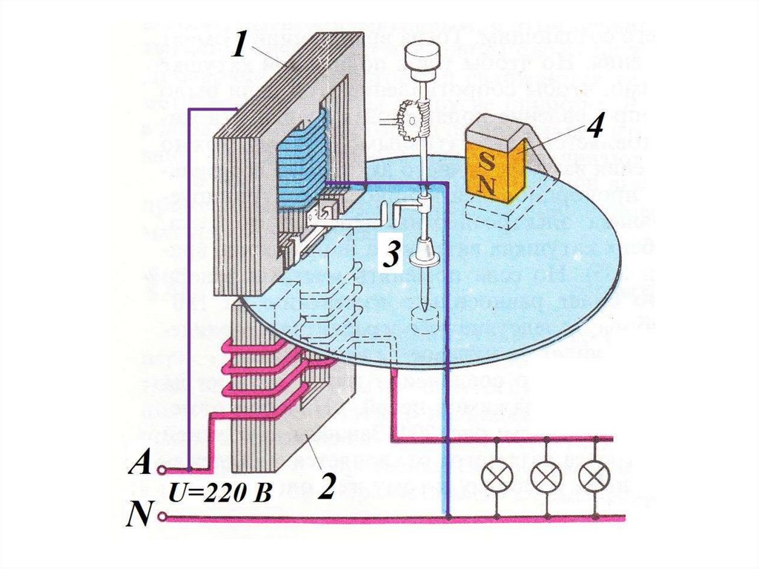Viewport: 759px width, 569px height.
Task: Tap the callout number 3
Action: click(x=391, y=256)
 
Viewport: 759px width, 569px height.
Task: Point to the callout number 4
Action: click(x=593, y=128)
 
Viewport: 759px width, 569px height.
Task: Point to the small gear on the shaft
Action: click(x=411, y=118)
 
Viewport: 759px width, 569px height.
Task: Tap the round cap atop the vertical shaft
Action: click(x=422, y=53)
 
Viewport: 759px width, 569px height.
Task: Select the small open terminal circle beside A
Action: click(x=161, y=470)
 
